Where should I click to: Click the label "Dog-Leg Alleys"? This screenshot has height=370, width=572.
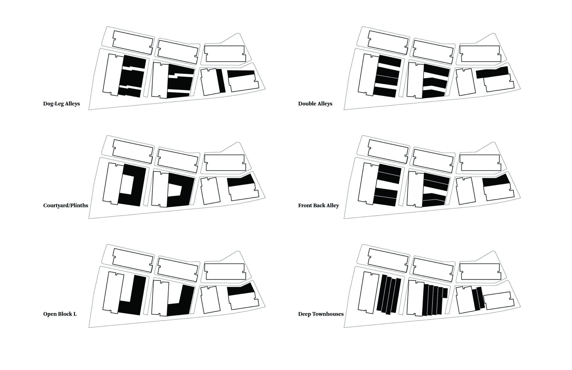tap(61, 104)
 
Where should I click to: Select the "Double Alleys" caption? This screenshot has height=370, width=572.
tap(315, 104)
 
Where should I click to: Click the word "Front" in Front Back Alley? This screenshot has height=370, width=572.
tap(305, 206)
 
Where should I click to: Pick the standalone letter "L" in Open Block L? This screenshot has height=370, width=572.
tap(75, 314)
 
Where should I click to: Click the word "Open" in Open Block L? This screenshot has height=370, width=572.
tap(49, 314)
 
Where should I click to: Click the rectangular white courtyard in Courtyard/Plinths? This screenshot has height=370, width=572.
tap(126, 185)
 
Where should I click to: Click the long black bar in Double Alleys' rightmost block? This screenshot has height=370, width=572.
tap(492, 73)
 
